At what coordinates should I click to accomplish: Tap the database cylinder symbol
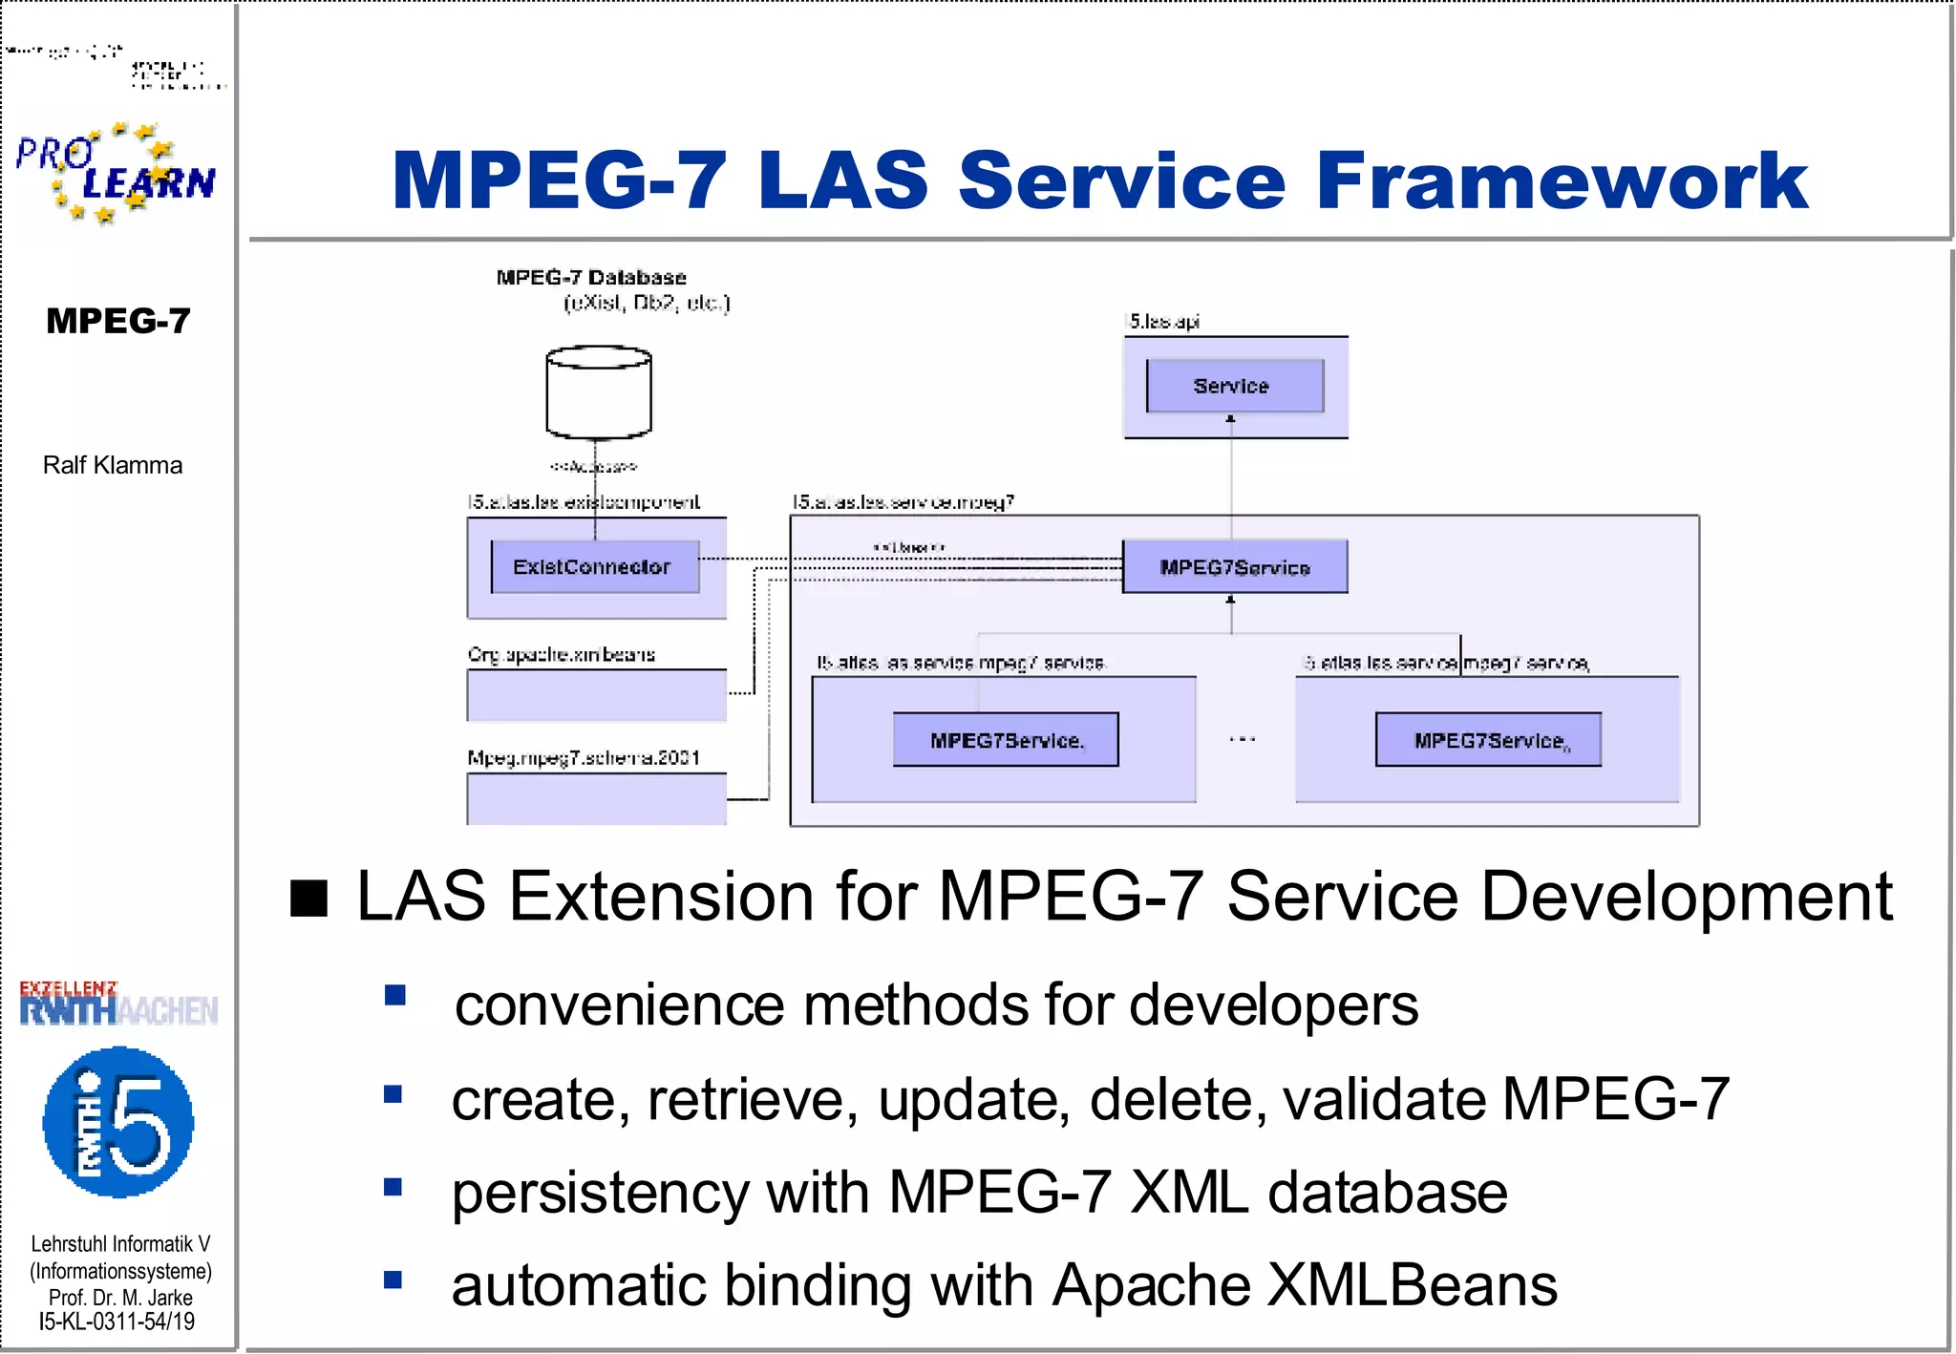599,392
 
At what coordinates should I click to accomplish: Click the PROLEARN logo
116,173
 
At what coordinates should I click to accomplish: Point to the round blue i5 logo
118,1122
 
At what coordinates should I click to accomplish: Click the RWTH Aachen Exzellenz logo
118,1004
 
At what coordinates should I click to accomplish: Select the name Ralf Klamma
113,465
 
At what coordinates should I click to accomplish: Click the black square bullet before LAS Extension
309,899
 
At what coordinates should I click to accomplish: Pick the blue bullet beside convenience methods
394,996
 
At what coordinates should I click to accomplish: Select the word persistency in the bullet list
600,1193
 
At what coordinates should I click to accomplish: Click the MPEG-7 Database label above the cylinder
591,278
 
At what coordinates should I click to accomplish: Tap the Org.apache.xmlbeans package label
562,655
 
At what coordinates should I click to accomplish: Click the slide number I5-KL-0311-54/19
117,1322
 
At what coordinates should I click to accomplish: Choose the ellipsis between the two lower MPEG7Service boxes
1243,739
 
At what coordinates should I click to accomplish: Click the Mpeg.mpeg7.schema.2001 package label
584,758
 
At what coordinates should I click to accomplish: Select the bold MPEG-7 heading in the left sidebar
118,321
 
